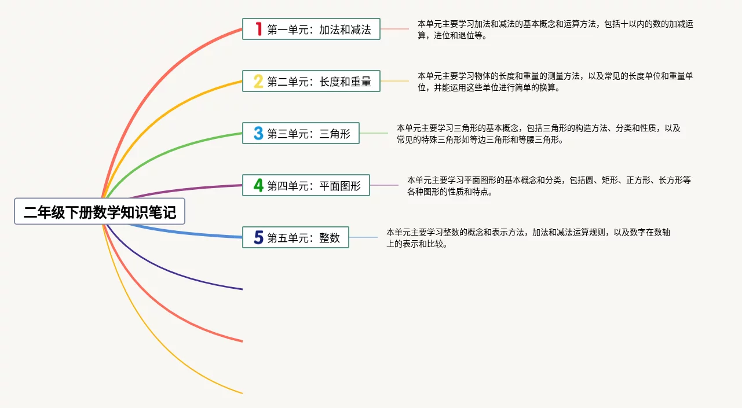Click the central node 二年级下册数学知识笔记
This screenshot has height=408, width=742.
click(100, 211)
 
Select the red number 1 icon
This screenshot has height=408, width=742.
click(259, 29)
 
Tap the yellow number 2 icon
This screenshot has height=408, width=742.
click(258, 81)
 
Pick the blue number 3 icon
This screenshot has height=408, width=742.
click(258, 133)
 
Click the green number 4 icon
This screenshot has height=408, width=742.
click(258, 185)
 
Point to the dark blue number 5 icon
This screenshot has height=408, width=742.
click(258, 237)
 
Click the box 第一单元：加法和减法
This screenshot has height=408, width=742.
click(311, 29)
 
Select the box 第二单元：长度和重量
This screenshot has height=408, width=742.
click(311, 81)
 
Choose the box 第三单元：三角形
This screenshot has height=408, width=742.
click(301, 133)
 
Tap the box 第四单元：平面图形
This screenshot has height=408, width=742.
click(306, 185)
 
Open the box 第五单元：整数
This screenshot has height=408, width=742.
click(295, 237)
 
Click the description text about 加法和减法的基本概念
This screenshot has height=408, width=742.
click(555, 30)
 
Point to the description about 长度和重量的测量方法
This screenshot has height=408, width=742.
click(555, 82)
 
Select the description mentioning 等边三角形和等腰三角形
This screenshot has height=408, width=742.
click(539, 134)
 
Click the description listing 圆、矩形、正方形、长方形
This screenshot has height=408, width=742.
click(549, 186)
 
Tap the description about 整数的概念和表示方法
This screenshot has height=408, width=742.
click(528, 238)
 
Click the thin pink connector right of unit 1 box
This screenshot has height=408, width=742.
click(394, 29)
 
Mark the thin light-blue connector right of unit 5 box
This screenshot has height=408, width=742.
click(363, 237)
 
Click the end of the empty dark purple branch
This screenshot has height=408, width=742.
click(243, 289)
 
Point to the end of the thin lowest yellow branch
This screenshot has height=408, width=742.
click(243, 393)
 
